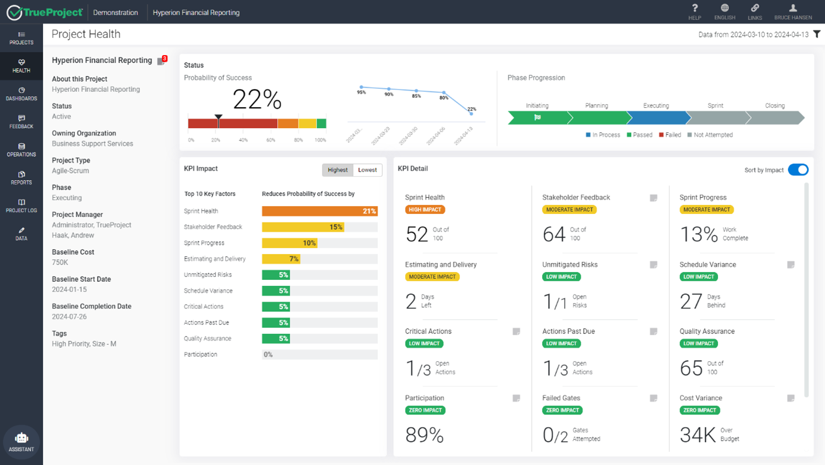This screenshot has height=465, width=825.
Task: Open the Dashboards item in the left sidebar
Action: click(x=22, y=94)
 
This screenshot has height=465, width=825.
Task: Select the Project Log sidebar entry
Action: click(x=22, y=206)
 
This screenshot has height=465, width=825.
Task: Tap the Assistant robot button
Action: click(x=22, y=442)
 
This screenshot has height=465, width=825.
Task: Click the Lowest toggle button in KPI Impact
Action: click(x=367, y=170)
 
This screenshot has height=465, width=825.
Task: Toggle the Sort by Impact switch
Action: click(x=798, y=170)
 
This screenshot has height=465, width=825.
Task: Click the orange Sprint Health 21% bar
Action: click(x=319, y=211)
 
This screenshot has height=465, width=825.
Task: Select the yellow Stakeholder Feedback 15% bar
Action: click(x=303, y=227)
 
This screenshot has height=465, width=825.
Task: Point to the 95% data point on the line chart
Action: click(x=361, y=87)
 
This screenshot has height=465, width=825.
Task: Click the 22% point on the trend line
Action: click(x=471, y=113)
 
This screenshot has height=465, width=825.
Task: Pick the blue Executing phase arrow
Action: click(x=656, y=117)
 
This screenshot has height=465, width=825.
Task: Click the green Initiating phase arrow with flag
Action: click(x=537, y=117)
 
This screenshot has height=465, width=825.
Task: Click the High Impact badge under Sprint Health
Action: click(x=425, y=210)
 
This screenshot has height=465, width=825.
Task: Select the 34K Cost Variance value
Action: click(x=698, y=435)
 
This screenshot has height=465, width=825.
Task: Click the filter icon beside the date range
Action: click(x=817, y=34)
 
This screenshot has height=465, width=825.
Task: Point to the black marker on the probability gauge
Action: click(x=218, y=118)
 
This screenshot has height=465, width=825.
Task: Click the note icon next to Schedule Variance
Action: click(x=791, y=265)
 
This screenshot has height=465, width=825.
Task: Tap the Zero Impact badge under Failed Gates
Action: click(x=562, y=410)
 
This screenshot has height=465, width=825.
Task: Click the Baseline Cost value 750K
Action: click(x=60, y=262)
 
